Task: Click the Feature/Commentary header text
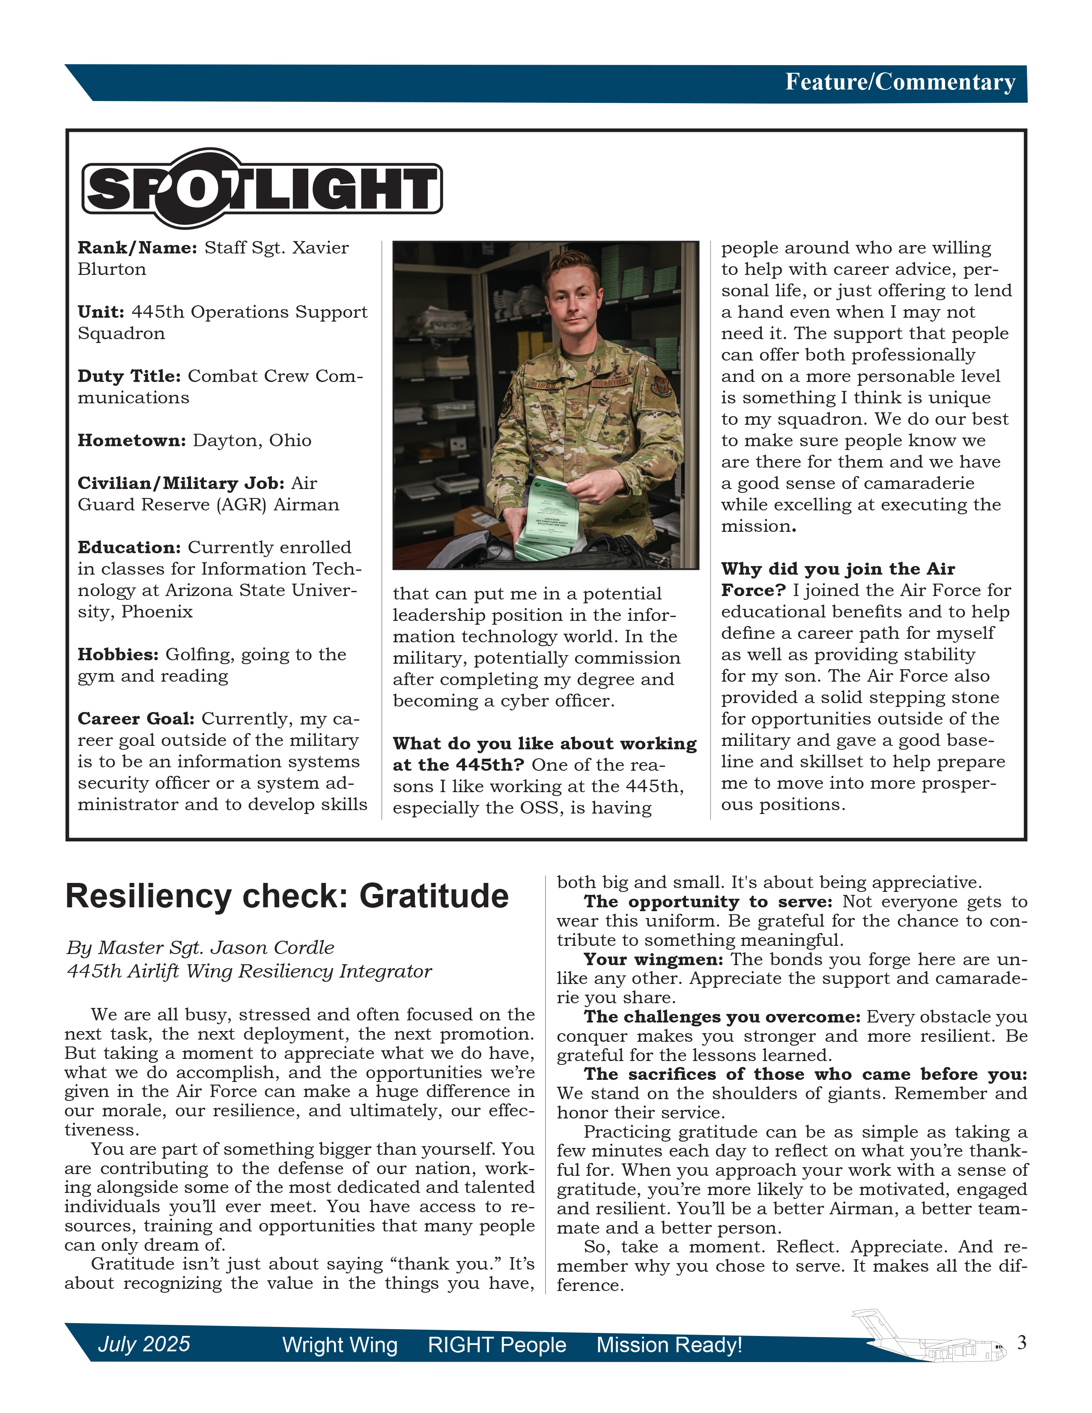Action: tap(900, 82)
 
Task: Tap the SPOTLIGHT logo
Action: tap(262, 189)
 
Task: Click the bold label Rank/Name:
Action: tap(137, 248)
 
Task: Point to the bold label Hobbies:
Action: tap(118, 655)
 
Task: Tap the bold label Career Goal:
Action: tap(136, 719)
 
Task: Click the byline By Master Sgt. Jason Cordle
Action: tap(200, 948)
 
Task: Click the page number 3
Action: tap(1021, 1342)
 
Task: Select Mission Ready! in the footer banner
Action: tap(669, 1345)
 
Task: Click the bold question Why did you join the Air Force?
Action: tap(838, 579)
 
